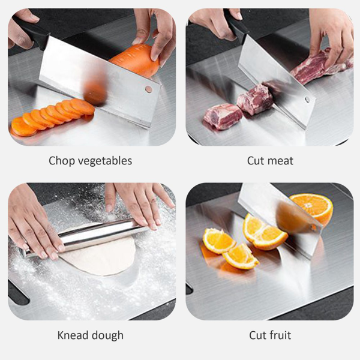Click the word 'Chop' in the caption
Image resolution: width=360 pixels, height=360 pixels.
click(x=62, y=161)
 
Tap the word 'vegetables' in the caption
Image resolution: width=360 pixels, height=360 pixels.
click(x=105, y=161)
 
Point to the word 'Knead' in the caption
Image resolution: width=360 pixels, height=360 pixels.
click(x=72, y=335)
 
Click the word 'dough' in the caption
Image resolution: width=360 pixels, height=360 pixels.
click(x=107, y=336)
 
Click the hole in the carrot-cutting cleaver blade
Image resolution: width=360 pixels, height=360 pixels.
click(x=149, y=89)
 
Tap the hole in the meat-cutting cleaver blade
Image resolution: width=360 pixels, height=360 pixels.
click(x=307, y=100)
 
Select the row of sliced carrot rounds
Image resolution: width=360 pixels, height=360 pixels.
click(x=52, y=117)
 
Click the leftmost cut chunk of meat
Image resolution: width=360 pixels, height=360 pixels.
click(x=222, y=116)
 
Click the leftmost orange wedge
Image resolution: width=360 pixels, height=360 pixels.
click(x=218, y=241)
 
